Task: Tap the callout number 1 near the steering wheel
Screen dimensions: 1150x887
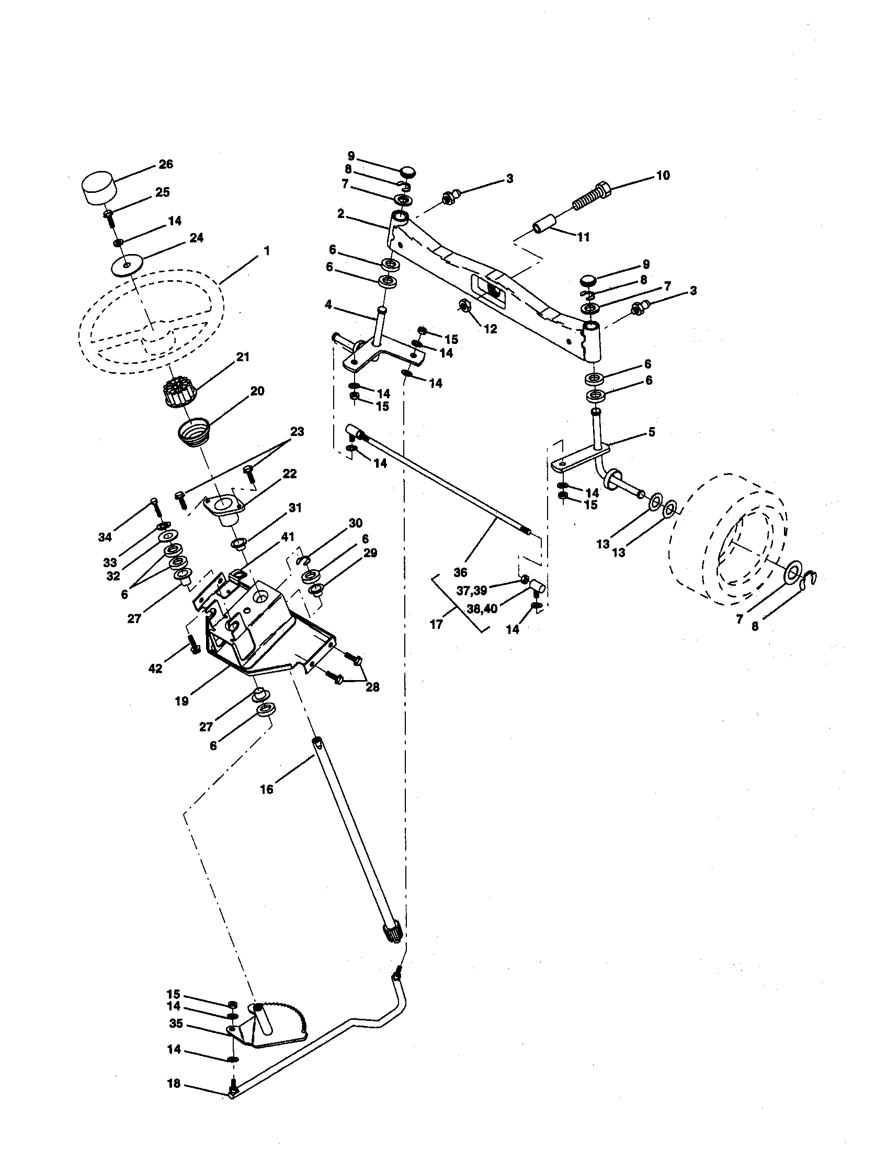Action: click(267, 251)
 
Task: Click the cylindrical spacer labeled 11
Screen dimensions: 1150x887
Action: click(547, 223)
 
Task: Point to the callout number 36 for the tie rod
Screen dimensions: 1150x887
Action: click(460, 571)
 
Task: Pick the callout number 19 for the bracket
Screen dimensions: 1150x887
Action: click(181, 701)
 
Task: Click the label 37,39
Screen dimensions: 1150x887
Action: click(471, 591)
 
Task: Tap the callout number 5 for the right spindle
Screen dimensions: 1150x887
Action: click(651, 432)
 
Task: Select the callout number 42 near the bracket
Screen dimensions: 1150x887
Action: click(155, 668)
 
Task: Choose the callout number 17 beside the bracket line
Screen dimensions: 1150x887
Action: click(436, 625)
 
